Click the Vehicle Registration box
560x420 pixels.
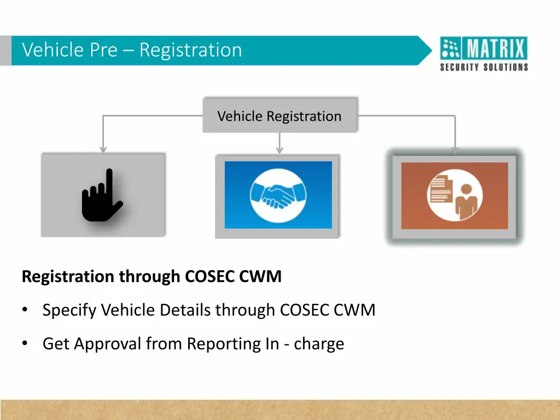tap(279, 116)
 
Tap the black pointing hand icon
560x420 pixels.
tap(102, 196)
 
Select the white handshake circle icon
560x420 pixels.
tap(278, 195)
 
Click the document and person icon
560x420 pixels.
tap(454, 195)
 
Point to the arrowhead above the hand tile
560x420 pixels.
tap(103, 149)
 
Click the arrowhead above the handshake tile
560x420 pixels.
tap(279, 150)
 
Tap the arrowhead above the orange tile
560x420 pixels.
tap(454, 149)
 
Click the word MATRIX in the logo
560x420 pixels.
tap(497, 49)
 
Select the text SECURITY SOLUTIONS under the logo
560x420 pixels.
tap(484, 67)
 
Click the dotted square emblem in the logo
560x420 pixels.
tap(451, 49)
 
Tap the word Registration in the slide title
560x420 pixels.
tap(190, 50)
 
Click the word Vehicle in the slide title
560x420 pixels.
tap(53, 50)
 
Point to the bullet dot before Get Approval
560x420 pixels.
tap(25, 344)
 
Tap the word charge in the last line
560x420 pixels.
tap(319, 344)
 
